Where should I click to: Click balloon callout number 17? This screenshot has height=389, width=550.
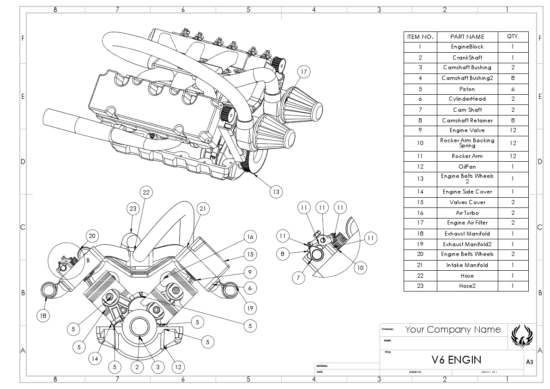pos(303,72)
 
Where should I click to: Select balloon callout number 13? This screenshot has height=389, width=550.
pos(276,191)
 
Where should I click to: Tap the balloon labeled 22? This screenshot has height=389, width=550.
pos(146,192)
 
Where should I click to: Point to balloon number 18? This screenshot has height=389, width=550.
pos(43,316)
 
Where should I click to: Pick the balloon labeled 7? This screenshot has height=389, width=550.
pos(299,278)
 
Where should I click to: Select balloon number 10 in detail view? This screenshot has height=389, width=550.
pos(360,267)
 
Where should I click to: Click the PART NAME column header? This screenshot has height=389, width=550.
pos(467,36)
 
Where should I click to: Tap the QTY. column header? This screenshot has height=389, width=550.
pos(513,36)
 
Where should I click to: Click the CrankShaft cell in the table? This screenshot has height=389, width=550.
pos(467,58)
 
